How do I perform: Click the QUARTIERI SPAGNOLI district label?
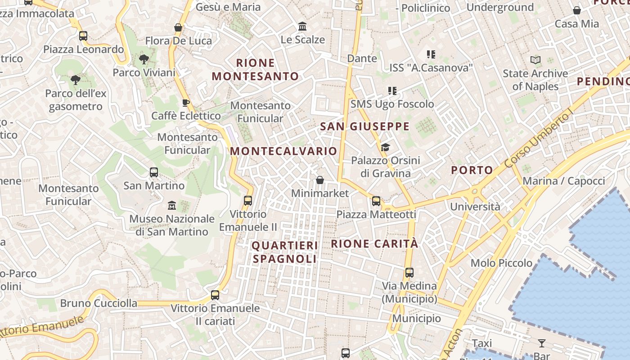click(284, 252)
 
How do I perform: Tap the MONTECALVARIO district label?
click(283, 151)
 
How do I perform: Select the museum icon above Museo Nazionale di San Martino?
click(171, 206)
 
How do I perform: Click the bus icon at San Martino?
click(154, 172)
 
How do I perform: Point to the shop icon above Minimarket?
click(320, 180)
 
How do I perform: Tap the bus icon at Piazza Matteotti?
click(376, 201)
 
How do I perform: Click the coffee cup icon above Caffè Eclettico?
click(185, 103)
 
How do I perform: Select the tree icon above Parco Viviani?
click(144, 59)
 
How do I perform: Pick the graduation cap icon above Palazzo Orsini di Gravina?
click(385, 147)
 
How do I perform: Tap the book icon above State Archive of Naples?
click(535, 60)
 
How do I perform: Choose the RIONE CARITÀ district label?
click(374, 244)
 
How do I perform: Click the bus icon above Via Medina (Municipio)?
click(409, 272)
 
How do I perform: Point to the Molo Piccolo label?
click(501, 263)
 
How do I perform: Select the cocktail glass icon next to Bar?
click(542, 343)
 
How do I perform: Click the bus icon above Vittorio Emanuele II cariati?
click(215, 295)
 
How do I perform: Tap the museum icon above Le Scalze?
click(302, 27)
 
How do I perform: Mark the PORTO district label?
click(472, 170)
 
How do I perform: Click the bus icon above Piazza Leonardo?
click(83, 36)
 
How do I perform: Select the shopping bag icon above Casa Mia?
click(577, 10)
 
